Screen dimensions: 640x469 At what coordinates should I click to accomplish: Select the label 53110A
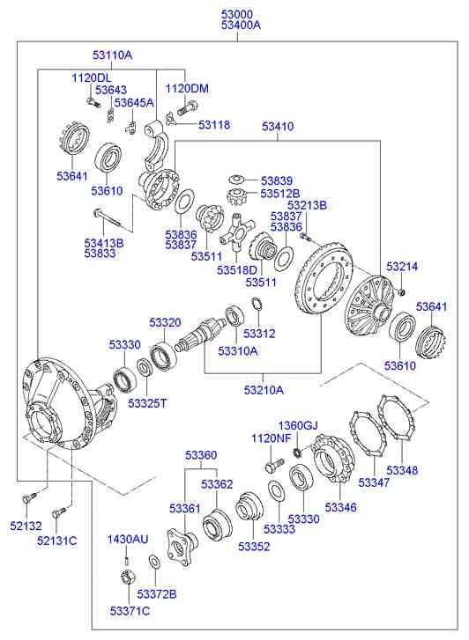tap(113, 55)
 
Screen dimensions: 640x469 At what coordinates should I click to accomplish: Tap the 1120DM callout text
tap(187, 88)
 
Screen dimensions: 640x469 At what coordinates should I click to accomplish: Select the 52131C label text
tap(56, 540)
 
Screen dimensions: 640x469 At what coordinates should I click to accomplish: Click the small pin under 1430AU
tap(128, 554)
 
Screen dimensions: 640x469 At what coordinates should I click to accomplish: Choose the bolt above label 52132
tap(29, 497)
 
